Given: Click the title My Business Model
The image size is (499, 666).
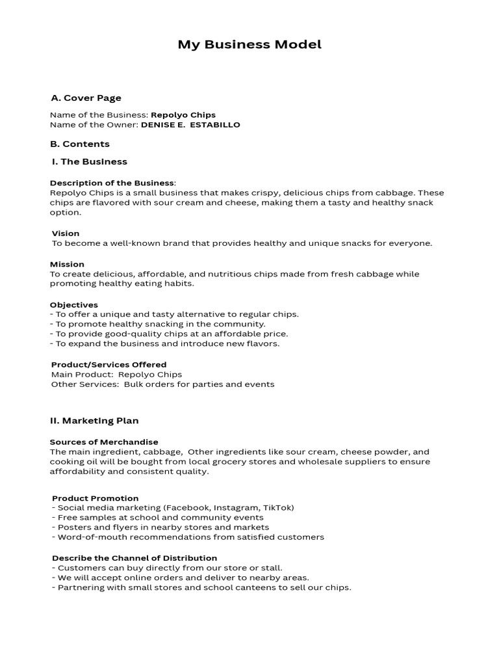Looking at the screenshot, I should point(249,45).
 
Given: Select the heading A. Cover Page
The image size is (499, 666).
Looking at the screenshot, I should point(86,98).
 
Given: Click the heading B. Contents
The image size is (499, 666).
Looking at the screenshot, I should point(80,144).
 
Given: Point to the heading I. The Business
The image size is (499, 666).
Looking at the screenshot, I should point(89,161).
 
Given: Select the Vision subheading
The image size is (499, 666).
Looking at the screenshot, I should point(66,233).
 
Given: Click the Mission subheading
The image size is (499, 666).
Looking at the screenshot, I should point(67,264).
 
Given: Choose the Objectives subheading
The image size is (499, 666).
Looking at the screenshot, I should point(74,304).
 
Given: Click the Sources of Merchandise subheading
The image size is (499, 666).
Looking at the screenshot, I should point(104,442).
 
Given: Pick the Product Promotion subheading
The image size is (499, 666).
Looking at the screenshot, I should point(95,498).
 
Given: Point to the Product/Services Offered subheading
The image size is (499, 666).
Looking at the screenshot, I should point(109,364).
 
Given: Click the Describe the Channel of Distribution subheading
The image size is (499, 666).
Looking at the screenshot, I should point(134,558).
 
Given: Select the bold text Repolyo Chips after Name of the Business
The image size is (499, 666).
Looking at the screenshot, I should point(183,115).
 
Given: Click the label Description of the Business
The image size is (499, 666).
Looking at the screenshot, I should point(112,183).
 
